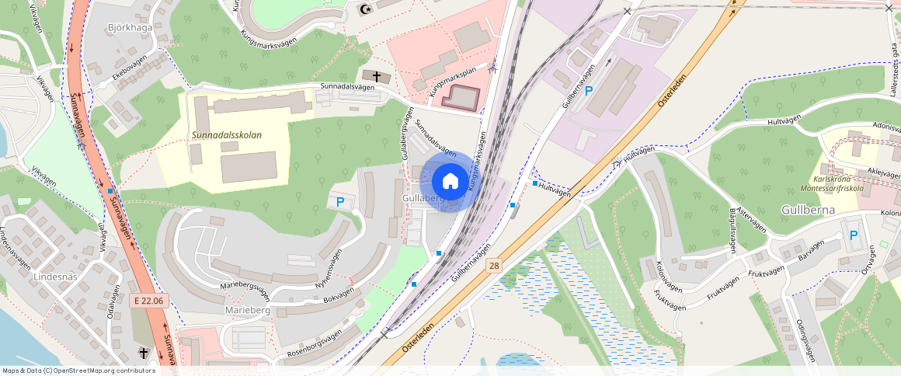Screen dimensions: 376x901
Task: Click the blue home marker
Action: [x=450, y=182]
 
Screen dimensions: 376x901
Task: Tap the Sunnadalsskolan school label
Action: [x=227, y=135]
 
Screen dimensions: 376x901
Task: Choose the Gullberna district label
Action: [x=809, y=210]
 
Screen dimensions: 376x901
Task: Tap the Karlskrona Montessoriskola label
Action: [x=838, y=183]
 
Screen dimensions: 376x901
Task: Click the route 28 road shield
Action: [x=494, y=266]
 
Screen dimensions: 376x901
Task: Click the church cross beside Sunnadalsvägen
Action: [x=377, y=76]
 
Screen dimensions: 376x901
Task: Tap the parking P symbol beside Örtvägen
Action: [x=854, y=235]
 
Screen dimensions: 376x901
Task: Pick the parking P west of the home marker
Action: [x=339, y=202]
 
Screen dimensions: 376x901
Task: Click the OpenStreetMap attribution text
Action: [x=78, y=371]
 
